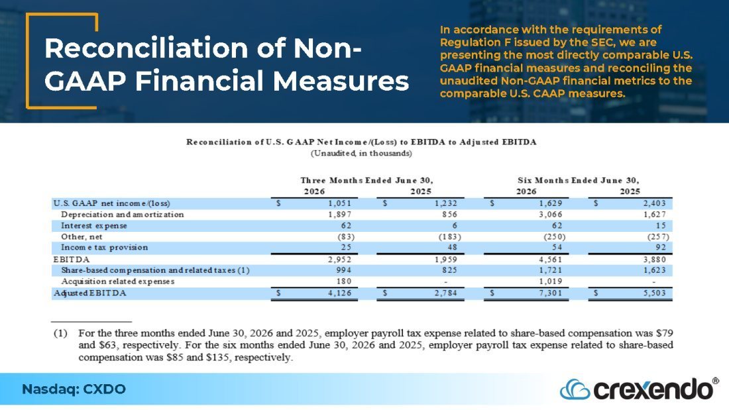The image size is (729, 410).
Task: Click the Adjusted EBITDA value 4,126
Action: [340, 293]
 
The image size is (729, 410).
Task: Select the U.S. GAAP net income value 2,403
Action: [655, 203]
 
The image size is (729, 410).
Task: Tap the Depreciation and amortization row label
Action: [123, 215]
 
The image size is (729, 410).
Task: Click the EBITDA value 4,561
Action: [551, 260]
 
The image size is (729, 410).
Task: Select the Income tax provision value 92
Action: [661, 247]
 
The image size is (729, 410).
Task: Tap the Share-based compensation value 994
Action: [343, 270]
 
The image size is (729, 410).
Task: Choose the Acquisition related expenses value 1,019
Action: [551, 282]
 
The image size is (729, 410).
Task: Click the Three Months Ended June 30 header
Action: [366, 180]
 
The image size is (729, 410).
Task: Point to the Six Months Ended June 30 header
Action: [579, 180]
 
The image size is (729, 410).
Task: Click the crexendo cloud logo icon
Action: [575, 389]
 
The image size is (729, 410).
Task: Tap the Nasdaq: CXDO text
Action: [74, 389]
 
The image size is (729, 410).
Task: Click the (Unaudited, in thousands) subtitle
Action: [361, 154]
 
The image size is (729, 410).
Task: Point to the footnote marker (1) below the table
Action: [60, 333]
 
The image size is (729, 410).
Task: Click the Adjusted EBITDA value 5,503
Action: [655, 293]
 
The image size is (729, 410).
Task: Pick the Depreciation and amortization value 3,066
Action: [551, 215]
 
